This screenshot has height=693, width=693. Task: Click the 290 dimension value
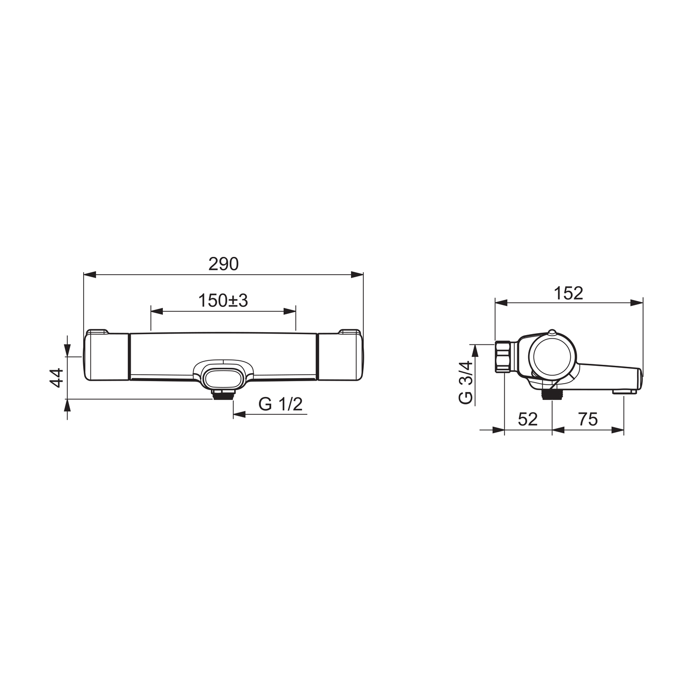tap(223, 264)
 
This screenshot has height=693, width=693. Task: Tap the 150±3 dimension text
tap(223, 300)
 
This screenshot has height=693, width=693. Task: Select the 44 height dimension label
tap(56, 378)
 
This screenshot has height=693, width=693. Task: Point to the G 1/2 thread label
tap(281, 405)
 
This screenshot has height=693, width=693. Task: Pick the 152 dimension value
tap(568, 294)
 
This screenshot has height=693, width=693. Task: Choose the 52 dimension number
tap(528, 419)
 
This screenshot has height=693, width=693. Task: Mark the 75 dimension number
tap(588, 419)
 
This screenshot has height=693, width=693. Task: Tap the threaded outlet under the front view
tap(223, 395)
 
